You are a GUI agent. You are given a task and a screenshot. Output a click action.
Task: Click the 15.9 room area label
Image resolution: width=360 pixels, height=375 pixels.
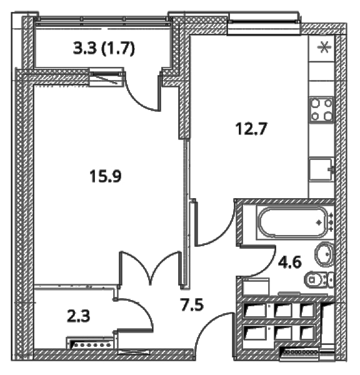[106, 176]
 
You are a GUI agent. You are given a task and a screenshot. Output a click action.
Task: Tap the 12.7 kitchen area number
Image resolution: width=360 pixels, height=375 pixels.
[251, 129]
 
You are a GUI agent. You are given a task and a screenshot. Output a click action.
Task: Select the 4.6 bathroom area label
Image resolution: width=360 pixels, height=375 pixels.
[289, 262]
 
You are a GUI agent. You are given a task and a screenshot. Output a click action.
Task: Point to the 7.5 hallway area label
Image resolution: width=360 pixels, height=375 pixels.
[192, 305]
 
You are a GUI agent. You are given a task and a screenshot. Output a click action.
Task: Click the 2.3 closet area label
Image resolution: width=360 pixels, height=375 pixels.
[79, 316]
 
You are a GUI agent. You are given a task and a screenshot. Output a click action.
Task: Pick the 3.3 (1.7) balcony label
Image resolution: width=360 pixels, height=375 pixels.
[104, 48]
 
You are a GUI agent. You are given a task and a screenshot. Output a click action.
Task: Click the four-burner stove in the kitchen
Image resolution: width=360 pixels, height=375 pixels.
[321, 110]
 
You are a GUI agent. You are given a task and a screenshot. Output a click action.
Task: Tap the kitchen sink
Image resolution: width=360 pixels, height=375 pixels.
[321, 169]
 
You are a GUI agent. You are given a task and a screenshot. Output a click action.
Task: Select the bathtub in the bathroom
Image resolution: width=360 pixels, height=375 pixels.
[294, 222]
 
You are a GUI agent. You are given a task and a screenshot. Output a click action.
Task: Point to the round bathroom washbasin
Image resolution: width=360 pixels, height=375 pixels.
[324, 254]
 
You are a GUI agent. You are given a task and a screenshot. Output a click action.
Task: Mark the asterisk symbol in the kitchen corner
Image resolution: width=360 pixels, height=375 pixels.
[324, 47]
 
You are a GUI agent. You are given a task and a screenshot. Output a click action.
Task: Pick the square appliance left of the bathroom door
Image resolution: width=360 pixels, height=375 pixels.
[256, 287]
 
